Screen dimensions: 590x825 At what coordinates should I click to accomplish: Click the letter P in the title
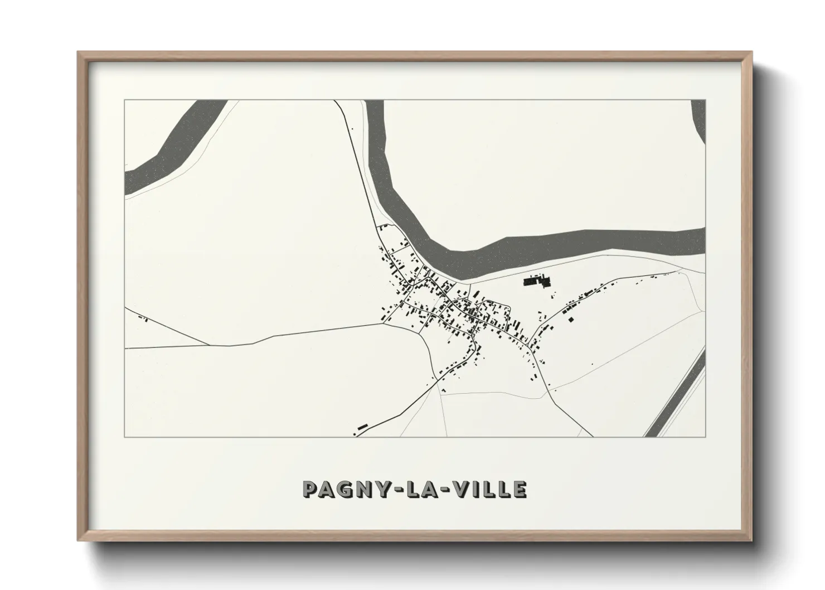[310, 490]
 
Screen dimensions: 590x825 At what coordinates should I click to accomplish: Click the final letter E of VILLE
[520, 490]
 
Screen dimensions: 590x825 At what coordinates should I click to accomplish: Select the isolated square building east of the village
[570, 320]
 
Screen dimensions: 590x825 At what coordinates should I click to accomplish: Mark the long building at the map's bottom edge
[362, 427]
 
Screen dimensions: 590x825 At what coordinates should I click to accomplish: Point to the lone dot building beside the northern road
[352, 130]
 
